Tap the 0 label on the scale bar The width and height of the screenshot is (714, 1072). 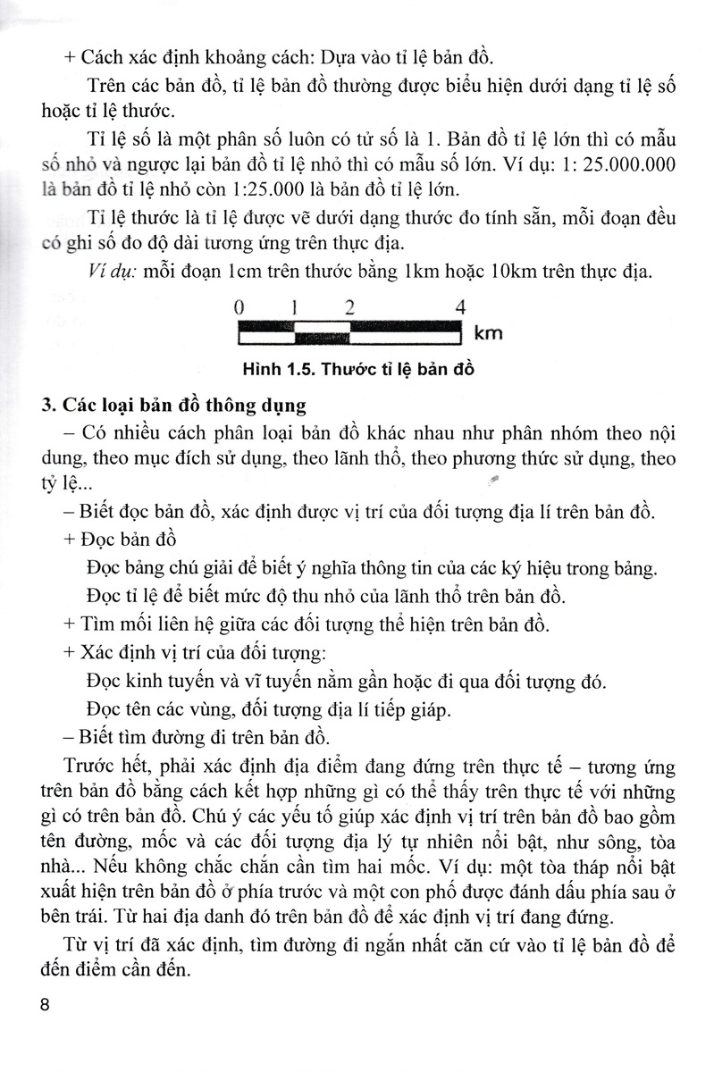tap(239, 307)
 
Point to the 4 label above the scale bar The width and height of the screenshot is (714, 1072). tap(460, 307)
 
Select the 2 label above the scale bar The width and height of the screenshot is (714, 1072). tap(349, 307)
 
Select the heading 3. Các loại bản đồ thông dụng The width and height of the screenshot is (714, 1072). tap(174, 405)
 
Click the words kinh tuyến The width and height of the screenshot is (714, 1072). tap(172, 683)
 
